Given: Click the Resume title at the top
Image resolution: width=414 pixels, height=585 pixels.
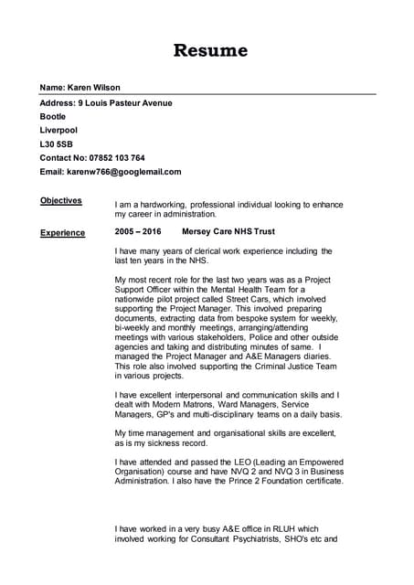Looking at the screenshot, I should point(210,49).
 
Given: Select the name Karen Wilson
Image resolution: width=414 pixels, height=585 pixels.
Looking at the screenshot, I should point(94,87).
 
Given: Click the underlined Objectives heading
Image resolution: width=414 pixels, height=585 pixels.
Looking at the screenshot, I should point(61,200).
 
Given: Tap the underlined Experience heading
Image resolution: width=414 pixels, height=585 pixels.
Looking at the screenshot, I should point(62,233).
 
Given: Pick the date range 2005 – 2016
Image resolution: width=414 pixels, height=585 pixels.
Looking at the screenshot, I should point(137,232).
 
